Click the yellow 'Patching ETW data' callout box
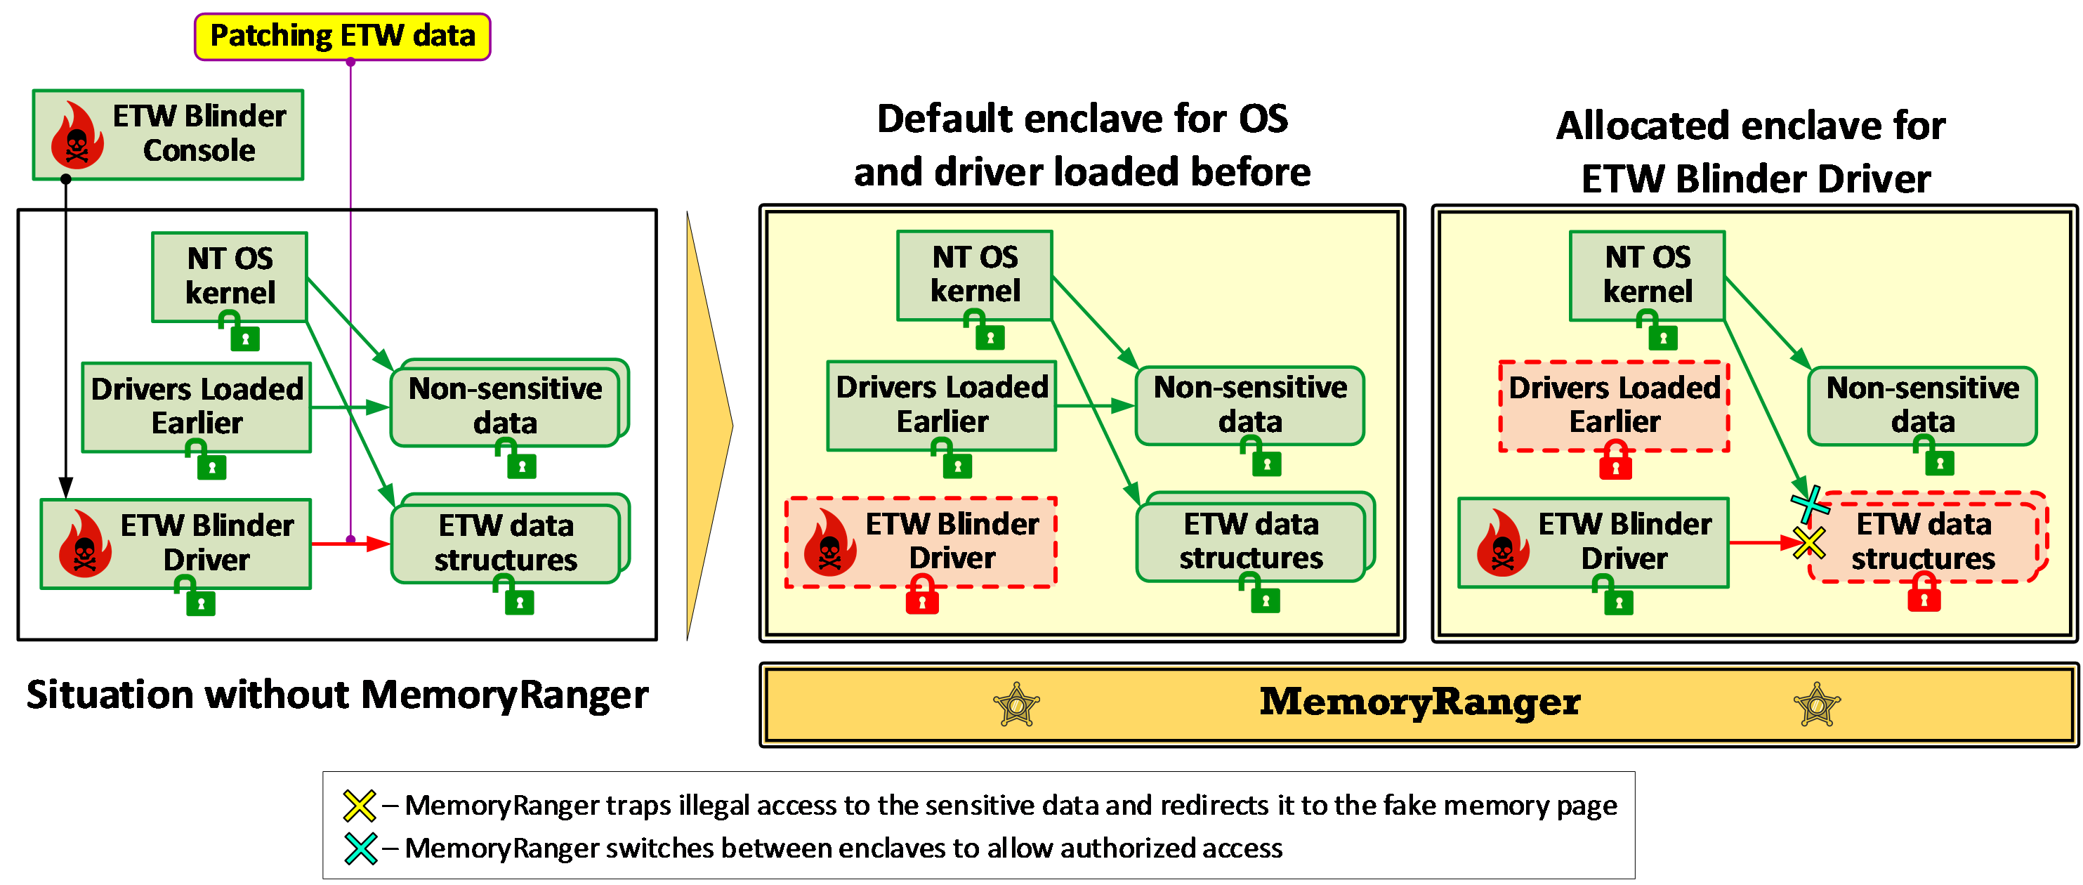click(342, 37)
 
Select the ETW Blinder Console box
click(167, 134)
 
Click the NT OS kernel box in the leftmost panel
click(230, 277)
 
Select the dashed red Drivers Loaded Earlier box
click(1614, 405)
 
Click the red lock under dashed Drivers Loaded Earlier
click(1615, 461)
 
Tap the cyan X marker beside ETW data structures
click(1810, 504)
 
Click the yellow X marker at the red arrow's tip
click(1809, 542)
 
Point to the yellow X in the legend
click(359, 806)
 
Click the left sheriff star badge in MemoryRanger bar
click(1016, 704)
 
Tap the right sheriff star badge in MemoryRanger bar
click(1817, 704)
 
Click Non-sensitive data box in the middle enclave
click(1249, 405)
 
